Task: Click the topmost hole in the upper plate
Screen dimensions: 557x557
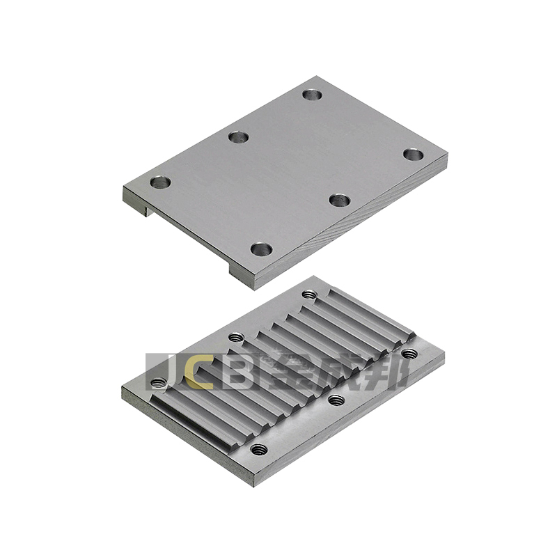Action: click(312, 95)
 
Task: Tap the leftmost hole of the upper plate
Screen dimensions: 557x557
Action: click(161, 182)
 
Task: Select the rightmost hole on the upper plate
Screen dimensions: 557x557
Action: click(413, 155)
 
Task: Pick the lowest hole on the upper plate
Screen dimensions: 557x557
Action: click(262, 249)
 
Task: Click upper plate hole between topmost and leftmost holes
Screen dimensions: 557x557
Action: click(238, 137)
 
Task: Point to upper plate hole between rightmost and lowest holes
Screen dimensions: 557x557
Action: click(340, 200)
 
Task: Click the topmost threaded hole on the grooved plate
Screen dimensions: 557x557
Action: click(310, 295)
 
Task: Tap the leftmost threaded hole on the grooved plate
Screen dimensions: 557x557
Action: click(159, 383)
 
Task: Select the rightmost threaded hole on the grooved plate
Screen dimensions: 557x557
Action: click(410, 354)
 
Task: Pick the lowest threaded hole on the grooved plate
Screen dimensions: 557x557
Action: click(259, 449)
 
